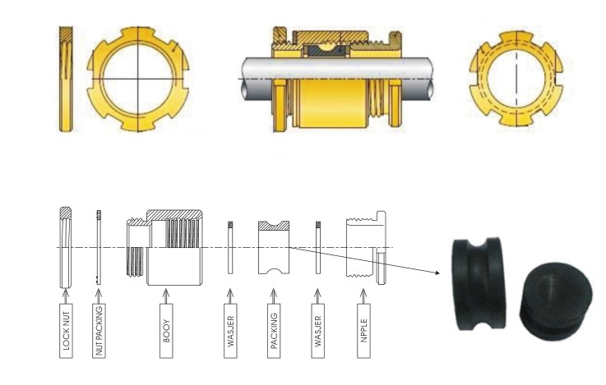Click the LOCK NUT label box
pyautogui.click(x=66, y=331)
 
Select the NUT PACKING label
pyautogui.click(x=99, y=331)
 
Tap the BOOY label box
pyautogui.click(x=166, y=331)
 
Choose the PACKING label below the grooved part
pyautogui.click(x=274, y=331)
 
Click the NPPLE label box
pyautogui.click(x=363, y=331)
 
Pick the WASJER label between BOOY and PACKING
pyautogui.click(x=230, y=331)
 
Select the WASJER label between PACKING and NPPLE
pyautogui.click(x=317, y=331)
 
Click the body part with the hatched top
pyautogui.click(x=165, y=247)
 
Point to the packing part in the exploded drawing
pyautogui.click(x=274, y=247)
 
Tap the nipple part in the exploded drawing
pyautogui.click(x=366, y=247)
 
